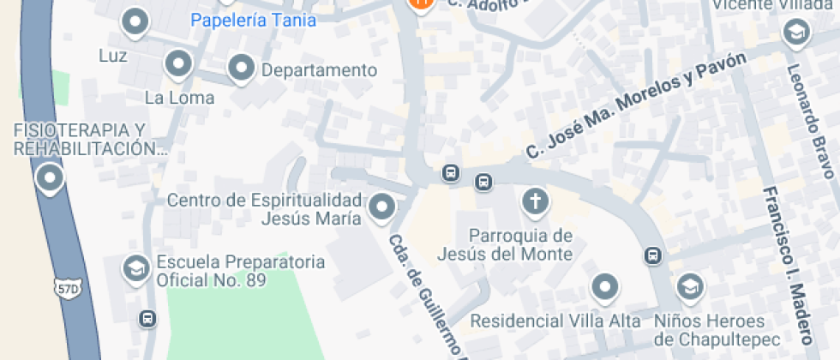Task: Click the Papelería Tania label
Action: coord(253,20)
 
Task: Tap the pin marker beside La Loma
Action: coord(178,63)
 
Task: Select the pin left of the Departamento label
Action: coord(242,68)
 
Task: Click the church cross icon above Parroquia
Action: coord(536,202)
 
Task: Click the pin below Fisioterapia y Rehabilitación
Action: coord(50,179)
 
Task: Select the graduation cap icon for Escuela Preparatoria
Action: coord(135,267)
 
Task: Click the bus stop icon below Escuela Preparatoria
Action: coord(147,319)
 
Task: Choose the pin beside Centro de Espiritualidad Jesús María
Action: coord(381,207)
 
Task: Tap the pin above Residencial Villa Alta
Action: coord(606,287)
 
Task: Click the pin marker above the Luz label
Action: coord(135,22)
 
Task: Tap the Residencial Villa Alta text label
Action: coord(556,321)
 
